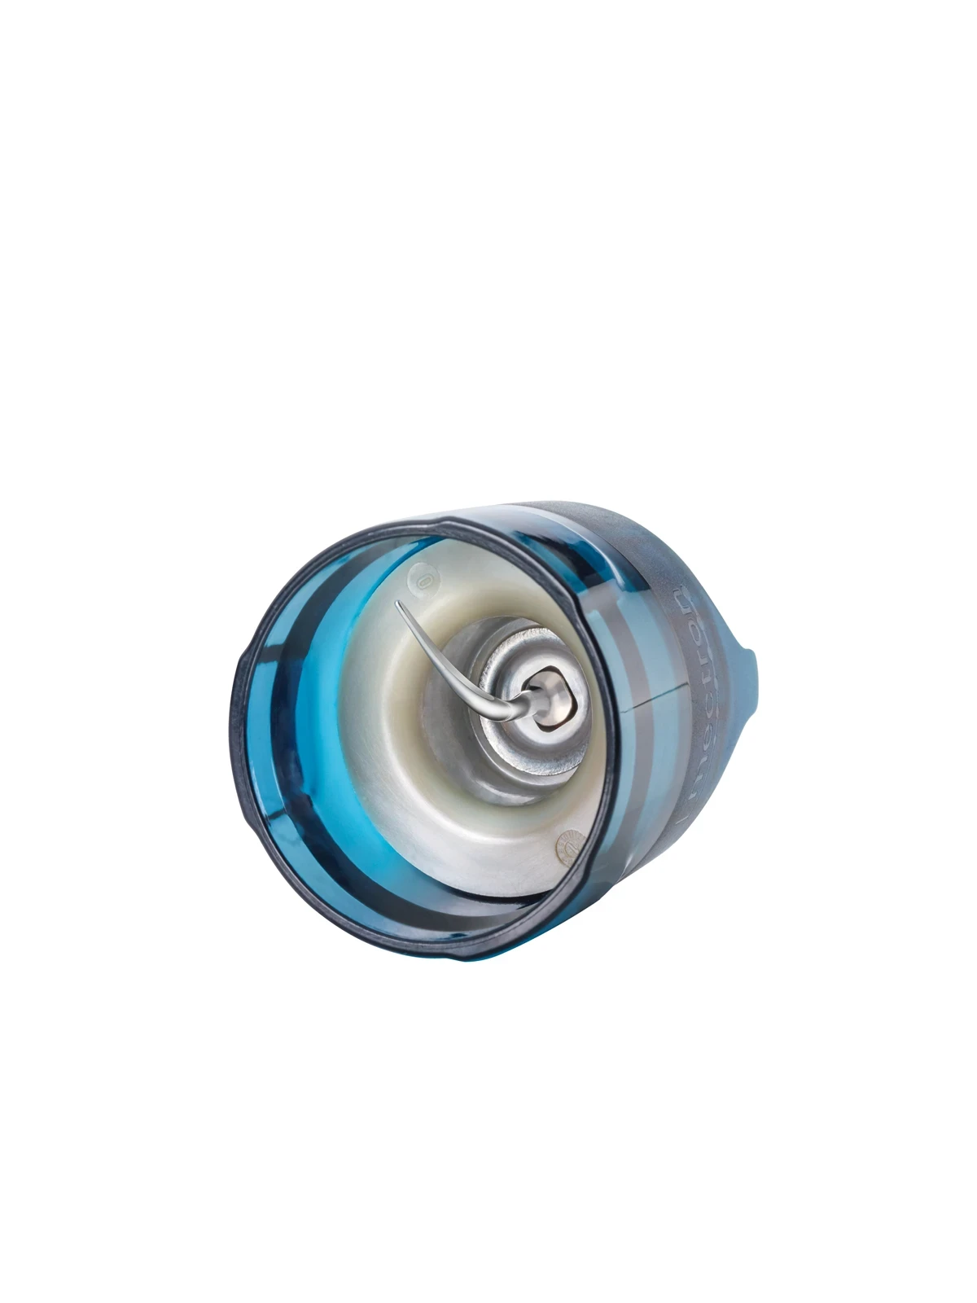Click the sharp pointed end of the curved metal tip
coord(397,603)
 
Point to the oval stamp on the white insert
coord(423,583)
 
